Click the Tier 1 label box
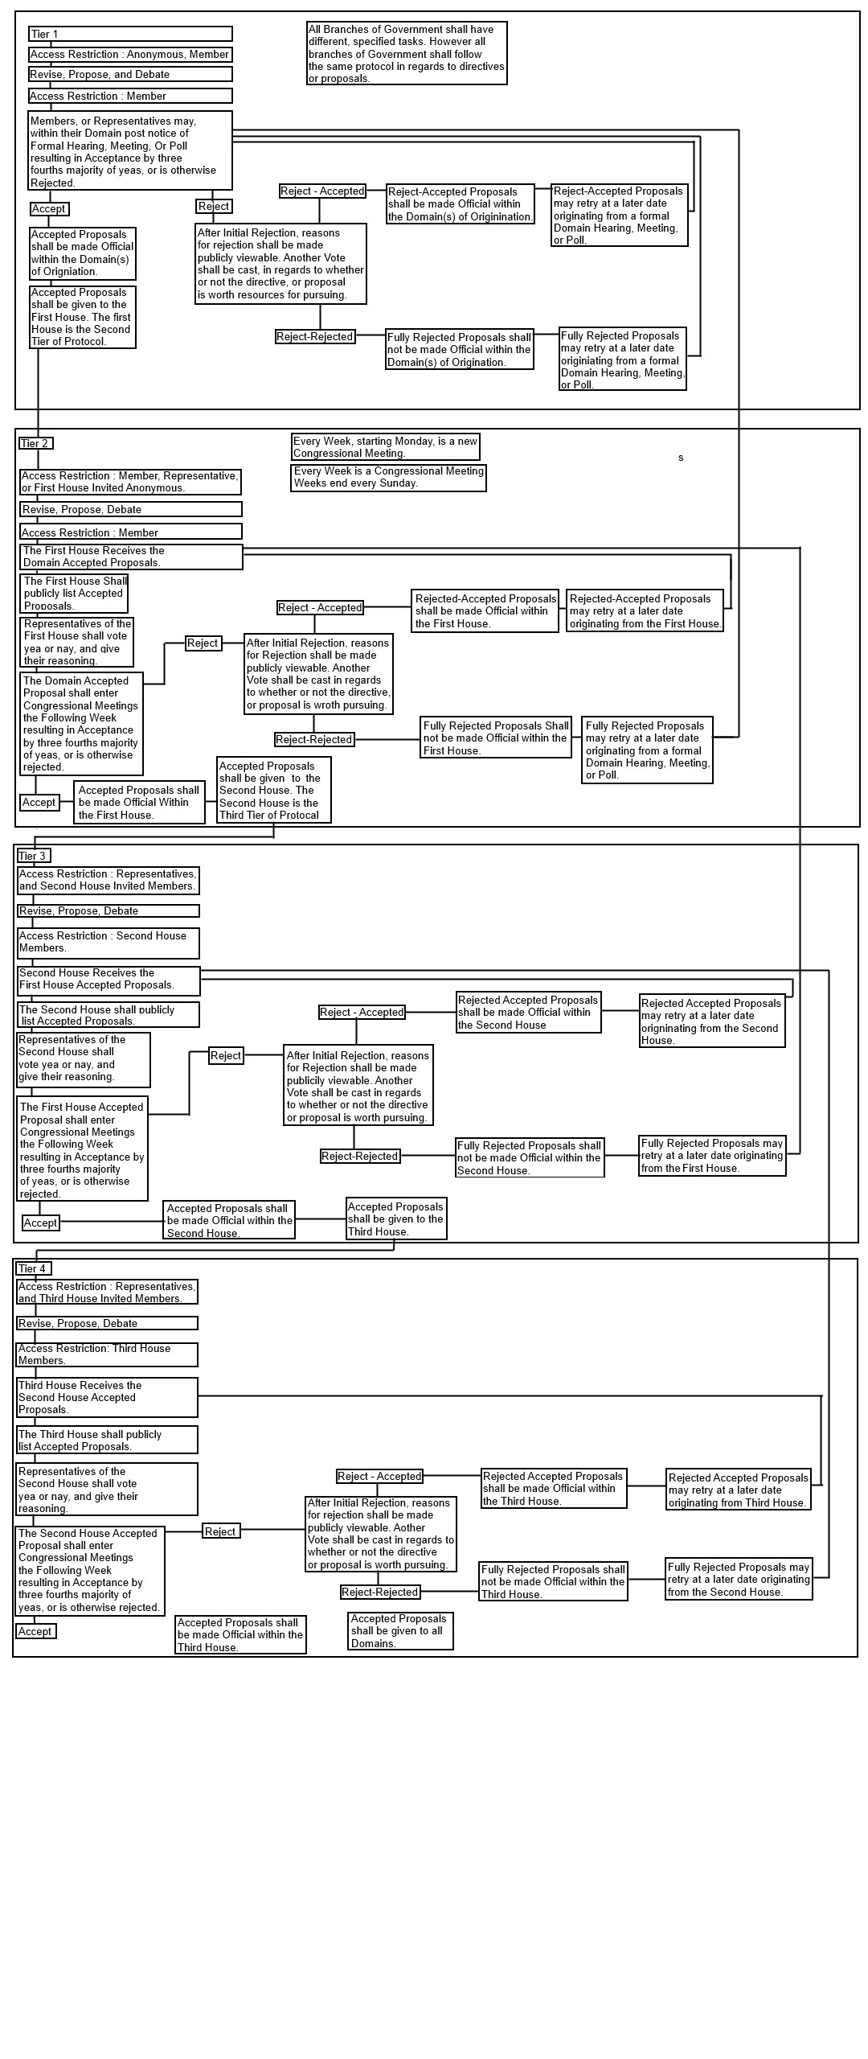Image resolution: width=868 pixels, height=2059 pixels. click(x=130, y=34)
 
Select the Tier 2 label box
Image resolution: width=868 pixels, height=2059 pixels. click(x=36, y=443)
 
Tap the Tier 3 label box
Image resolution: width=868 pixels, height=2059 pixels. click(x=34, y=856)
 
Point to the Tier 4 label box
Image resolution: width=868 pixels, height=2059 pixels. click(x=34, y=1268)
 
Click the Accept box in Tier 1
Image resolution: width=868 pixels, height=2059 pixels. click(x=49, y=209)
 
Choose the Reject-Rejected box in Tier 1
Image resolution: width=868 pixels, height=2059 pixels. click(x=315, y=337)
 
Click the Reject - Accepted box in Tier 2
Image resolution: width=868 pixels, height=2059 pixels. click(x=320, y=608)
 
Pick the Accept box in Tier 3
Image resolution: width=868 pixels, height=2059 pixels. click(x=40, y=1223)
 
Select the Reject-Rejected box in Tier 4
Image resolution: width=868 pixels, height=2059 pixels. click(x=380, y=1592)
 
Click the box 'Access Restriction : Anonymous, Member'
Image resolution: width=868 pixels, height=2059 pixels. click(x=130, y=55)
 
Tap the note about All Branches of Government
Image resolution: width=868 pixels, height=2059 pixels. click(x=407, y=53)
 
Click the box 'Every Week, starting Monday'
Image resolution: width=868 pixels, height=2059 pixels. click(x=386, y=447)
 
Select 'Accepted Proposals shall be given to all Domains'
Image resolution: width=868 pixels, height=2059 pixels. click(x=400, y=1631)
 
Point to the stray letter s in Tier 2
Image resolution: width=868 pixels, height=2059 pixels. click(x=681, y=458)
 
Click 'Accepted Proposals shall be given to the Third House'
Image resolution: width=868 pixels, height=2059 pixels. click(x=396, y=1219)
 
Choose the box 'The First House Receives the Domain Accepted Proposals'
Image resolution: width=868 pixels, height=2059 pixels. click(x=131, y=557)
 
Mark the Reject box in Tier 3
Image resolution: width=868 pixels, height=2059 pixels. click(x=226, y=1056)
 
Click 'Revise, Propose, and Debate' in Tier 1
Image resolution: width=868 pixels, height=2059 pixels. click(x=130, y=75)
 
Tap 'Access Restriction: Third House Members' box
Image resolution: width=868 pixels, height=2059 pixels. click(x=107, y=1354)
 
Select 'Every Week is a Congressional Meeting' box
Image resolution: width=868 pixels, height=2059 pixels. click(x=388, y=477)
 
